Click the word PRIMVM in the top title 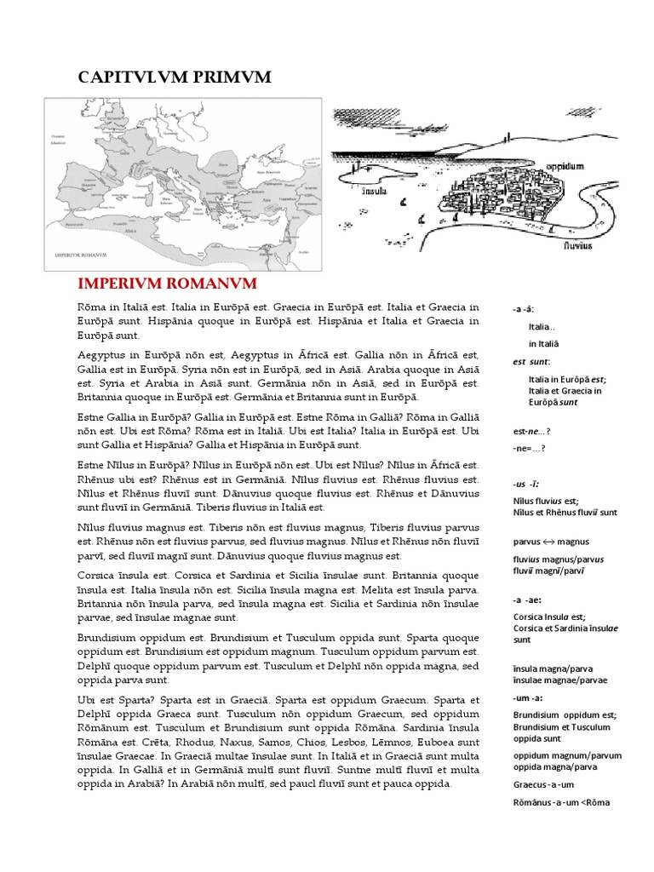coord(235,77)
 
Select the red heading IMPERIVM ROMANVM coord(167,283)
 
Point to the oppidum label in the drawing coord(565,166)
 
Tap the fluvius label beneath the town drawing coord(577,243)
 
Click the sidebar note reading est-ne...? coord(530,431)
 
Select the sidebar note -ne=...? coord(529,448)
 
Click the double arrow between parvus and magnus coord(551,541)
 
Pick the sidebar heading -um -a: coord(526,697)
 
